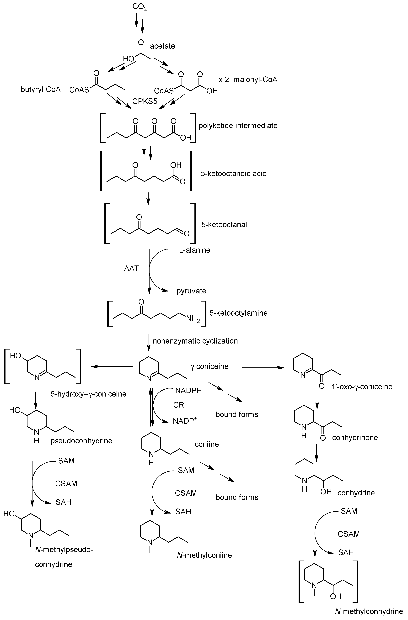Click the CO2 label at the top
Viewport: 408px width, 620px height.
[140, 7]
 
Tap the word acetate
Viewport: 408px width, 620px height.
[162, 46]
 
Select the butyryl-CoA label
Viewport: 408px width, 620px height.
[41, 90]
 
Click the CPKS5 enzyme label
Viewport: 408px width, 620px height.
[145, 101]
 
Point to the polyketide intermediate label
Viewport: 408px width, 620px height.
[238, 126]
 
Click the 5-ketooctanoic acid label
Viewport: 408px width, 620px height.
[233, 174]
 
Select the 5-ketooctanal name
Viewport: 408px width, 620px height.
[224, 225]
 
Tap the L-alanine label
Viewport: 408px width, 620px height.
[194, 250]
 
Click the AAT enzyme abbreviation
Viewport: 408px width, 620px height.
[131, 268]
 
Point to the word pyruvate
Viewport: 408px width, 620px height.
[191, 291]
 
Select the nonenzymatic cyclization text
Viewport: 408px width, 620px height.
[195, 341]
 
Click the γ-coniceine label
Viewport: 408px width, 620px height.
[209, 366]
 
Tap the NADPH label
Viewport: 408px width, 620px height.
[188, 391]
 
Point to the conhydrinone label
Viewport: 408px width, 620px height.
[355, 437]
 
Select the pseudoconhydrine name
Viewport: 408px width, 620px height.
[81, 441]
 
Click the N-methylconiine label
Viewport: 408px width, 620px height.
[204, 555]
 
